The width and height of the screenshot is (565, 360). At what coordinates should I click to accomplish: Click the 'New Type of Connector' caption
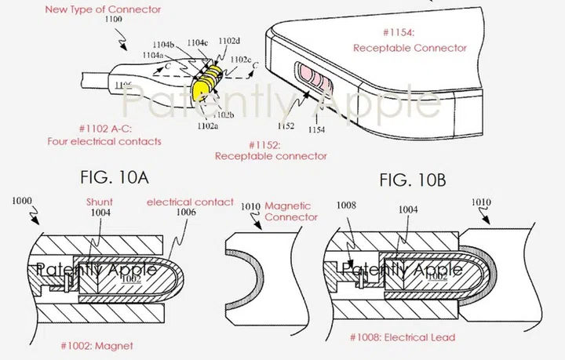point(114,9)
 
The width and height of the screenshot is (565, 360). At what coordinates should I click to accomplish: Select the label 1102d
point(228,42)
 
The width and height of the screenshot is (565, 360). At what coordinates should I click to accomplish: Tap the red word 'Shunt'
point(98,202)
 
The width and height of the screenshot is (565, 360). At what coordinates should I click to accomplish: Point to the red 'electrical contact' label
point(190,202)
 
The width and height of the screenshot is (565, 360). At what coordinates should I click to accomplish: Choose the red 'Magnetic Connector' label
point(290,211)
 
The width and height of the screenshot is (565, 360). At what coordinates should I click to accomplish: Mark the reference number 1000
point(23,202)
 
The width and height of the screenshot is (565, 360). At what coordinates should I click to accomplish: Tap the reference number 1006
point(184,213)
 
